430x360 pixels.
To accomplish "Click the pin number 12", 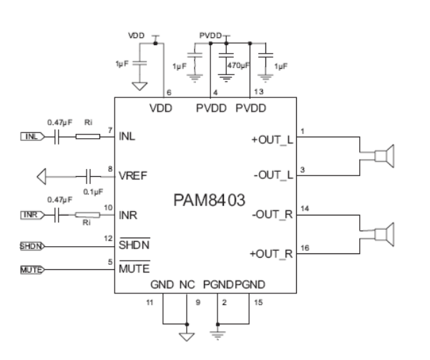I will [x=109, y=238].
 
